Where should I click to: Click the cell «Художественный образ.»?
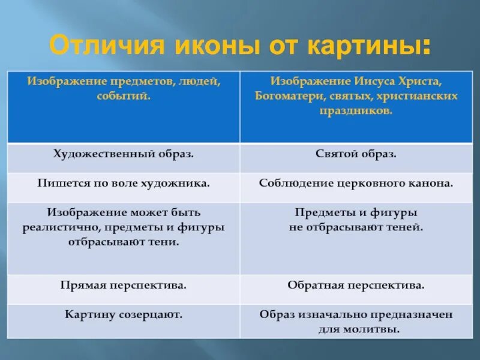[124, 154]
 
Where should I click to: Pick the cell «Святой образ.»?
[356, 154]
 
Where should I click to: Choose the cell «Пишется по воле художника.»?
[124, 183]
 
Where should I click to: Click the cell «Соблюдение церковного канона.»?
[356, 183]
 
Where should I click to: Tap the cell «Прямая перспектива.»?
[124, 286]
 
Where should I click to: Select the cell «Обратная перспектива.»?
[356, 286]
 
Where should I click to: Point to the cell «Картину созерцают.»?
[124, 314]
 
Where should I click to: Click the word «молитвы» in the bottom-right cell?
[376, 329]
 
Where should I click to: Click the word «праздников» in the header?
[356, 111]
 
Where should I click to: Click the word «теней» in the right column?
[406, 228]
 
